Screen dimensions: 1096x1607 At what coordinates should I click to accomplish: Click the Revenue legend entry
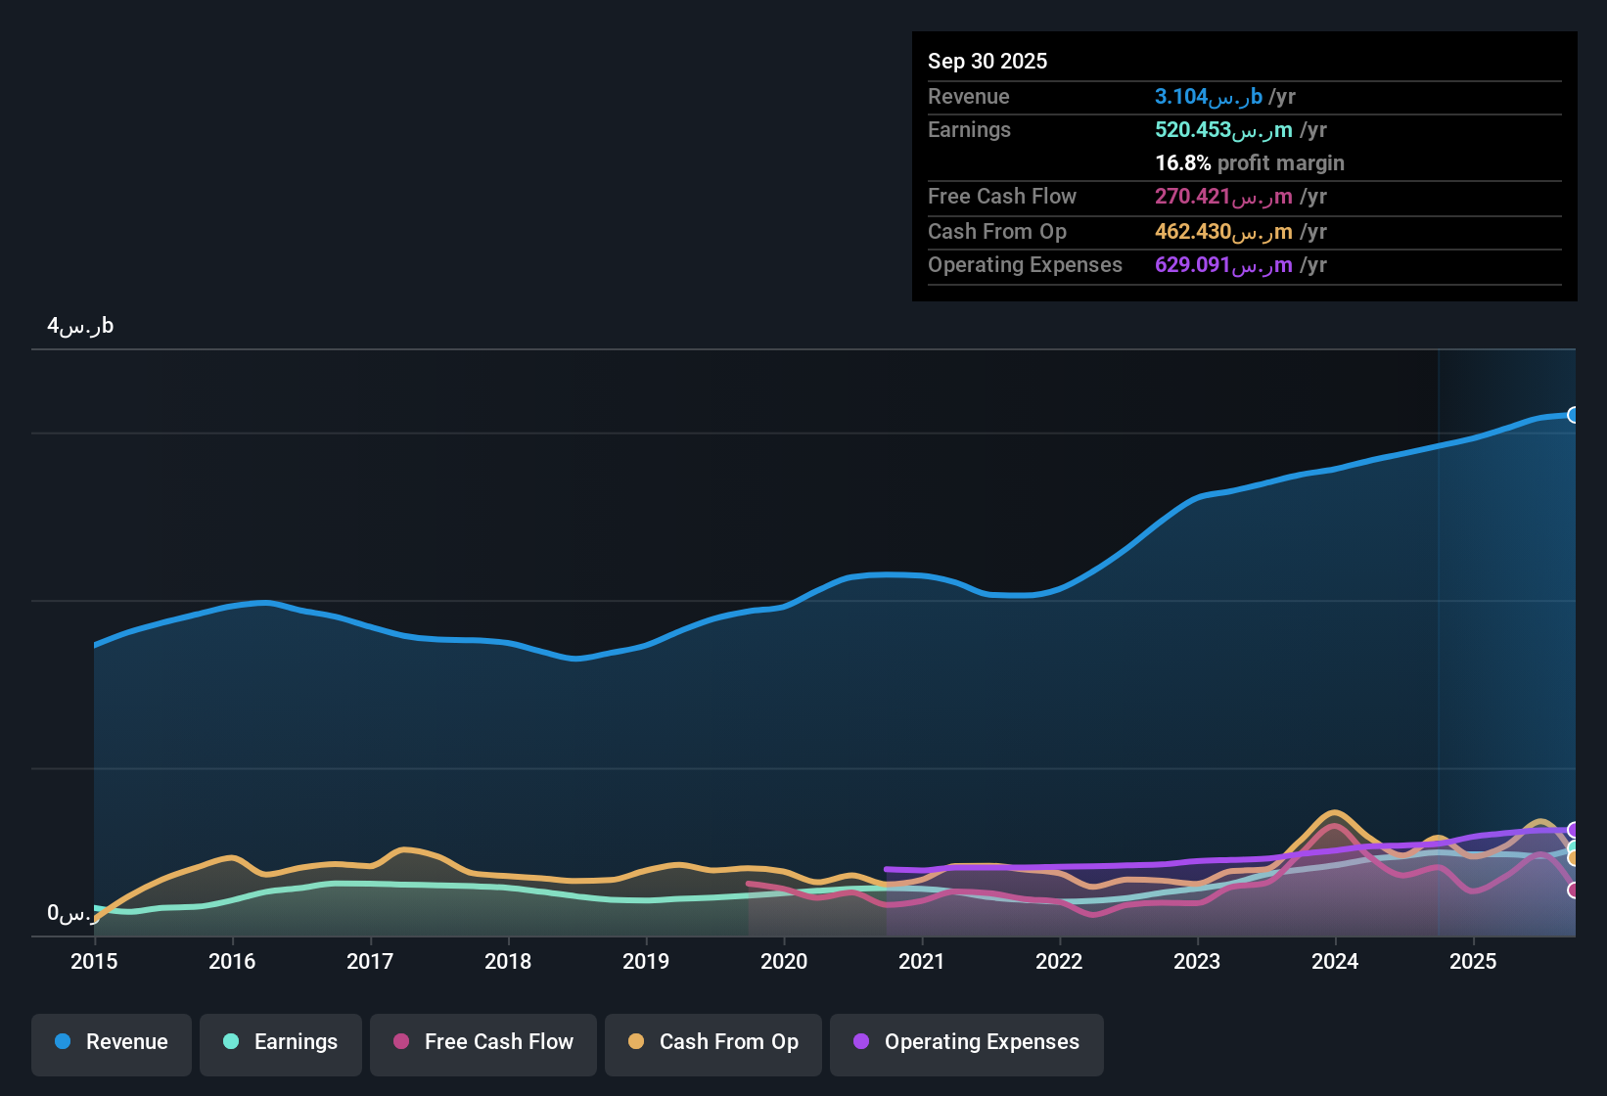112,1042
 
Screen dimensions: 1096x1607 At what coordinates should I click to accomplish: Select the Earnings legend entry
281,1042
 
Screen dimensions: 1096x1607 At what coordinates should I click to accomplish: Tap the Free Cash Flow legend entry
483,1042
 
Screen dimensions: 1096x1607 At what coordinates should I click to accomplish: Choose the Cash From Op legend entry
713,1042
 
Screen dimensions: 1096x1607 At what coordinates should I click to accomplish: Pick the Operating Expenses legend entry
967,1042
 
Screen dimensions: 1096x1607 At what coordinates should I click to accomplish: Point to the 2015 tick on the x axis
94,961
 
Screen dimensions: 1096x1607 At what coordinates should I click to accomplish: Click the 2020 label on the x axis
784,961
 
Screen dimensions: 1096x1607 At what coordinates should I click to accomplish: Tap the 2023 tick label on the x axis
1197,961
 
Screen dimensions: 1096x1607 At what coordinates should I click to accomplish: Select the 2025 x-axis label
1473,961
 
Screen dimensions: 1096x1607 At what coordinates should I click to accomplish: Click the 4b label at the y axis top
80,326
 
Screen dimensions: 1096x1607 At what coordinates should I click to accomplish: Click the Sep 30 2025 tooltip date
987,61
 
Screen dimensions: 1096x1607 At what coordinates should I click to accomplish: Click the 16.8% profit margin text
1249,163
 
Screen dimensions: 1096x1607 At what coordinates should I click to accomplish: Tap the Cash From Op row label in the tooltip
996,232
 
